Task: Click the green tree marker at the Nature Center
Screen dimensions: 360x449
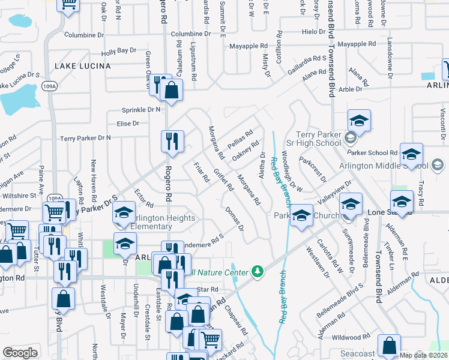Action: [x=258, y=272]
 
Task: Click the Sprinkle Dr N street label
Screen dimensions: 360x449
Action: [x=142, y=110]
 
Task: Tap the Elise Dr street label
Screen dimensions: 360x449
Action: [x=128, y=124]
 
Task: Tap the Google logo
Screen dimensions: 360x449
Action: [x=20, y=353]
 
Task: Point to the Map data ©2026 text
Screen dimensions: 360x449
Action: [x=423, y=355]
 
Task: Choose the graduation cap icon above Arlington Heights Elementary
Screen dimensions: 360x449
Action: [x=124, y=214]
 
